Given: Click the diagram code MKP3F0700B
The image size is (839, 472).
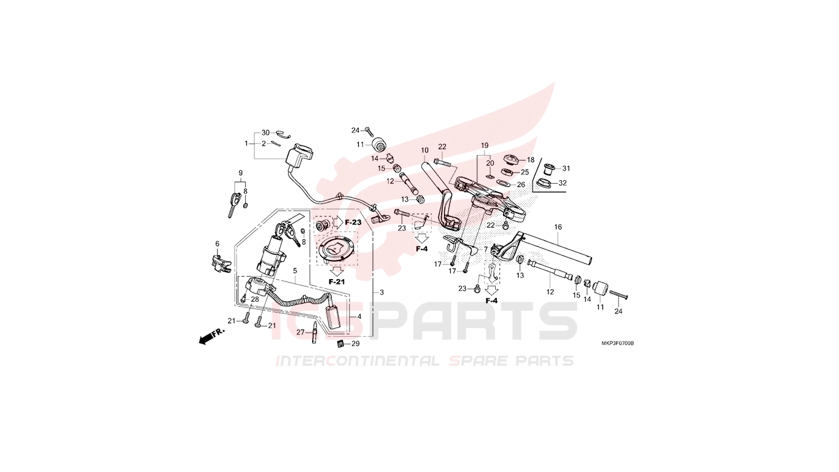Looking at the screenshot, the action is [x=618, y=344].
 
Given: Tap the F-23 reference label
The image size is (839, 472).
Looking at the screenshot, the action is [x=353, y=222].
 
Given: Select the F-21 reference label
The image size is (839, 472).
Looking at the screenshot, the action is [x=337, y=281].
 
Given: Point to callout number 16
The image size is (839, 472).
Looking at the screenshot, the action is [x=558, y=227].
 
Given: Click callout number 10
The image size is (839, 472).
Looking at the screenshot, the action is [x=424, y=151].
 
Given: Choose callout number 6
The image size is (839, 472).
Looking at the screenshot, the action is [x=217, y=244].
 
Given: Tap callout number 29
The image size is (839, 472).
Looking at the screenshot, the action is [x=356, y=344].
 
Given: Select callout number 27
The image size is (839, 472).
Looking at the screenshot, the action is [x=301, y=332].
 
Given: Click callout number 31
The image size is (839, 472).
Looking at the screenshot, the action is [x=566, y=168].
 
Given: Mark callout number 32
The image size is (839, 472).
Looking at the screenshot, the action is [x=563, y=183].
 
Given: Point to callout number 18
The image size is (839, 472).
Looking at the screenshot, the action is [x=531, y=160].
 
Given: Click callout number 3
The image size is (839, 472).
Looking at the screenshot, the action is [x=381, y=293].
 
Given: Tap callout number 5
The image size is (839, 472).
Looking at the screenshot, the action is [x=295, y=270].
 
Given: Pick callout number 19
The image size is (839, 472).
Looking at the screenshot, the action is [x=485, y=145].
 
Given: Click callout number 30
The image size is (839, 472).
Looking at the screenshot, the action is [x=265, y=133].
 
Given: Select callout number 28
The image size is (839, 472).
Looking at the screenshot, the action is [x=255, y=299].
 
